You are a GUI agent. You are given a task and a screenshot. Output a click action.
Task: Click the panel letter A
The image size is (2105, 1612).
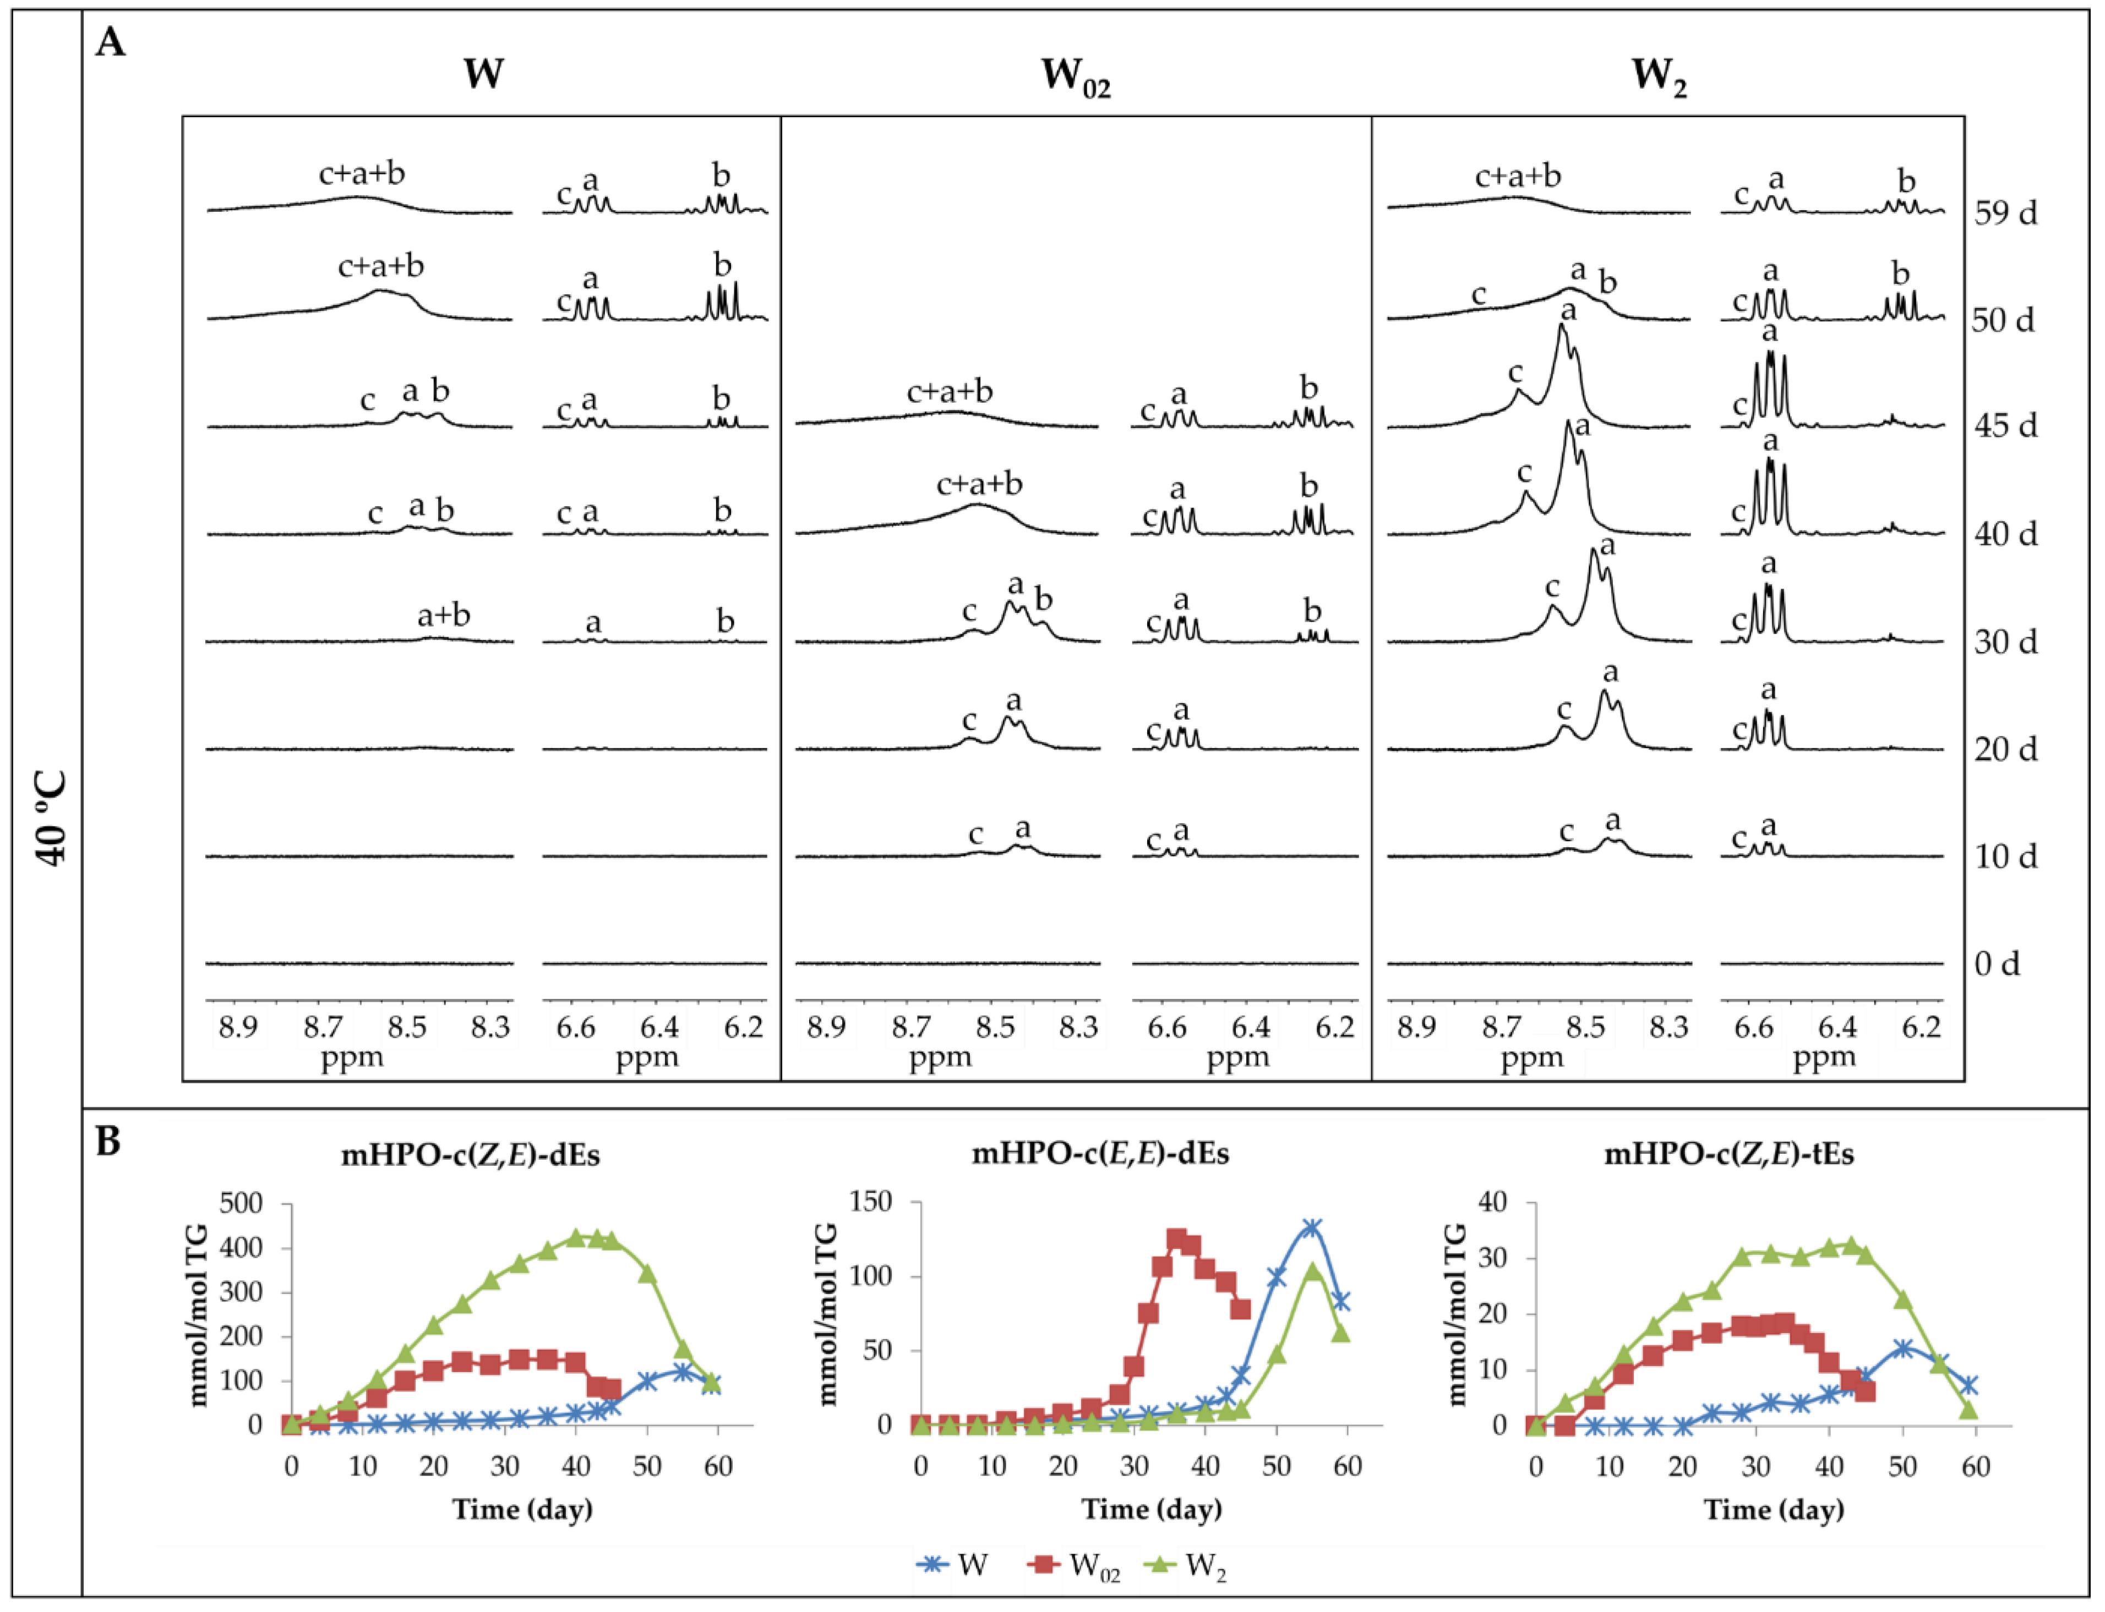tap(111, 43)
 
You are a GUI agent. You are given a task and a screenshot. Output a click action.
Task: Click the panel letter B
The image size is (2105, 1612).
tap(108, 1142)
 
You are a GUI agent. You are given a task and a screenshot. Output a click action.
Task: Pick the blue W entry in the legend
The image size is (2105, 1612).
tap(952, 1566)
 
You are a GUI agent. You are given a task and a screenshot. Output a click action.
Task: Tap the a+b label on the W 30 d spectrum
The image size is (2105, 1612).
tap(444, 615)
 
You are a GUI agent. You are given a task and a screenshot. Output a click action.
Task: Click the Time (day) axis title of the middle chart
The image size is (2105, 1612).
tap(1152, 1509)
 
